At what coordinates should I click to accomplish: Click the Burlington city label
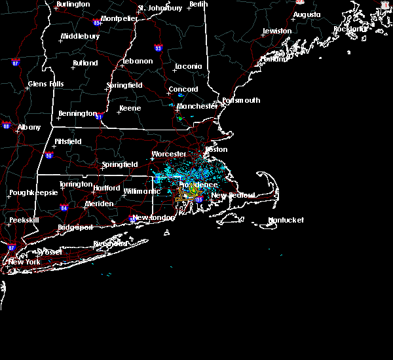click(x=73, y=4)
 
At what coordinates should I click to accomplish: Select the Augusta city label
click(x=307, y=14)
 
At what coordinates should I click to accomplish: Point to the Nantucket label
click(x=286, y=221)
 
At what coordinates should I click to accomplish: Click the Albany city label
click(x=29, y=127)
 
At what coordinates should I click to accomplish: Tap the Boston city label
click(x=216, y=149)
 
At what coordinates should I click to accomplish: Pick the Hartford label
click(x=106, y=188)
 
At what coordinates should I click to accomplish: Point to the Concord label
click(x=183, y=90)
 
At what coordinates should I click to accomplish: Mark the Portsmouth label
click(x=241, y=100)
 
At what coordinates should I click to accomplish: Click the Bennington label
click(x=77, y=113)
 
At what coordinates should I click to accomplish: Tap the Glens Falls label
click(x=46, y=84)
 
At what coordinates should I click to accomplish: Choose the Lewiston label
click(x=276, y=31)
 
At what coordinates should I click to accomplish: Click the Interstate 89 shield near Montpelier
click(x=98, y=22)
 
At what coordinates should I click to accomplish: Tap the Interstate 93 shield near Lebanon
click(x=158, y=48)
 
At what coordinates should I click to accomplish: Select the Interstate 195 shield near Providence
click(x=198, y=200)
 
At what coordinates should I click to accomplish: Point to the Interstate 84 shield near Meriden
click(x=64, y=208)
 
